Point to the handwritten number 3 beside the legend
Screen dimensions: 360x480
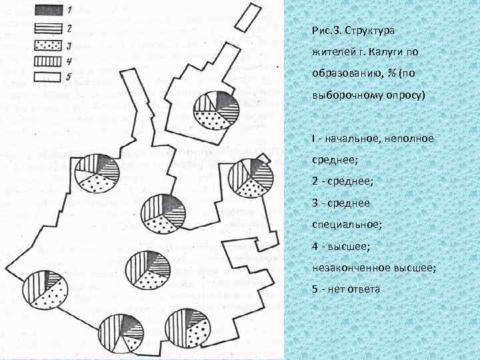(x=69, y=45)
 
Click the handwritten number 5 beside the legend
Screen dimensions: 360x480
(x=69, y=77)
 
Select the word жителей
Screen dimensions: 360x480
(x=331, y=52)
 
